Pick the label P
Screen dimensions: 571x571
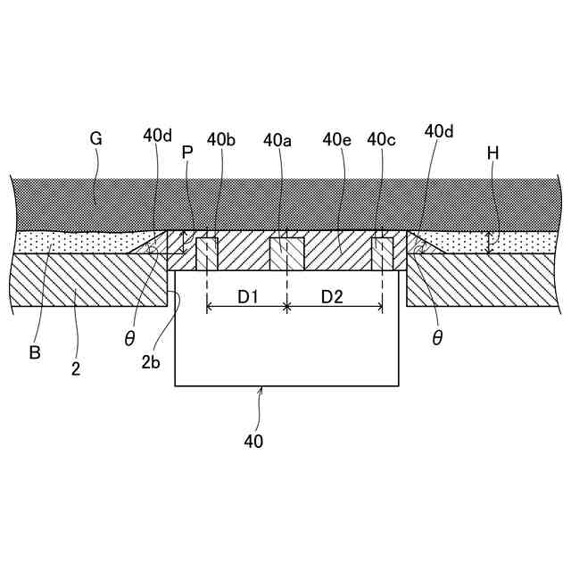(x=186, y=153)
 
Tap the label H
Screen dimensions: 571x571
(x=492, y=153)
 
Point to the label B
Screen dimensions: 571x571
(x=35, y=352)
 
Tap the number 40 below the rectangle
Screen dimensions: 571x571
(x=253, y=440)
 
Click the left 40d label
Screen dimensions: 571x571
(x=157, y=136)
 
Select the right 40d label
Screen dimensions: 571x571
(x=439, y=131)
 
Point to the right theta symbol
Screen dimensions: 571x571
(x=436, y=339)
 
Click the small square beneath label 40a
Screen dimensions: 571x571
(x=286, y=253)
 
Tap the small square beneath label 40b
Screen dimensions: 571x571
(x=207, y=253)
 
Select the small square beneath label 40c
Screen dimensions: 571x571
(x=383, y=253)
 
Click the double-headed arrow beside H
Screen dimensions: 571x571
(x=489, y=242)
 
